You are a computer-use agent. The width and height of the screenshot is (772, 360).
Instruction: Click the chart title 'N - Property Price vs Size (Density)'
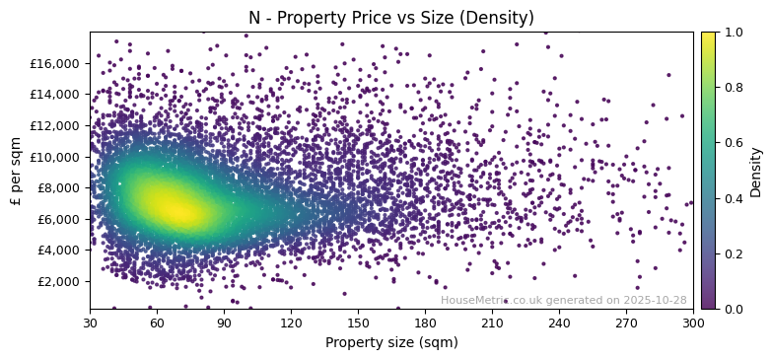(x=390, y=18)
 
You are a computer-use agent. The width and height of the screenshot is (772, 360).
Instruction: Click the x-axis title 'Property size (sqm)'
(x=390, y=343)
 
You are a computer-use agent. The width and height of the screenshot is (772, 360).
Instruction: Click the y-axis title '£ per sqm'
(x=16, y=170)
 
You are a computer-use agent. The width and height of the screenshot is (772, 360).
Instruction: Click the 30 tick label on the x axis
(x=90, y=323)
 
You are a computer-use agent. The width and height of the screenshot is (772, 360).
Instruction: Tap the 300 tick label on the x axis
(x=693, y=323)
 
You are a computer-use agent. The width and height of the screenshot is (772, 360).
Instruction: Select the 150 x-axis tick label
(x=358, y=323)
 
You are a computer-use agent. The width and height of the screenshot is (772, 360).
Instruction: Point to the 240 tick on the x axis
(x=559, y=323)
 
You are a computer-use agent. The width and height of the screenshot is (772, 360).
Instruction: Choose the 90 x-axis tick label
(x=224, y=323)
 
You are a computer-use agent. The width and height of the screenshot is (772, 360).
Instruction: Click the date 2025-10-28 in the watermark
(x=655, y=301)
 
